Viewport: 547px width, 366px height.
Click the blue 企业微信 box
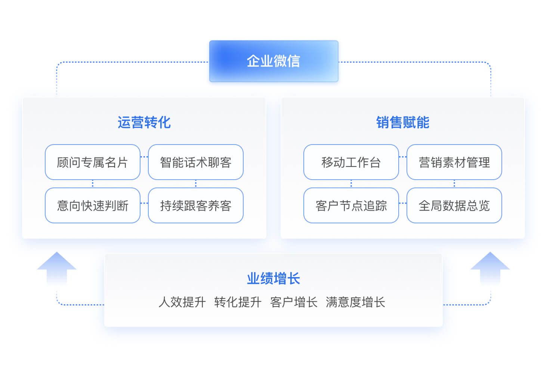click(274, 61)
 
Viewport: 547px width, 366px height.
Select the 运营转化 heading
click(144, 122)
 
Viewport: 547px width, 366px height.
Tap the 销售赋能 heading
click(403, 122)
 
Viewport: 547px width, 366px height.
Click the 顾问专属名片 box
click(93, 162)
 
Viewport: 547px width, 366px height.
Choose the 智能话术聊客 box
click(196, 162)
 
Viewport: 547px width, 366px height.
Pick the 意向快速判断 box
click(93, 205)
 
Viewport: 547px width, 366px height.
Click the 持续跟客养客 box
click(196, 205)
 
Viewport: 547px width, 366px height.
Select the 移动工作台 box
click(351, 162)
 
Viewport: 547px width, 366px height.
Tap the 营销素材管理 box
click(454, 162)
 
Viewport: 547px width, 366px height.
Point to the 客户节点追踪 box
click(351, 205)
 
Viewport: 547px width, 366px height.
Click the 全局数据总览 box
click(454, 205)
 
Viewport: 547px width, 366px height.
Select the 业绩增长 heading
click(273, 278)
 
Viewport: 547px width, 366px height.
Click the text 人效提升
click(182, 302)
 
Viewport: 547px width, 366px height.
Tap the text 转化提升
click(238, 302)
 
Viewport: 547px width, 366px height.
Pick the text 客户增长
click(294, 302)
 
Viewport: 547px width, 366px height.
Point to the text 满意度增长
click(356, 302)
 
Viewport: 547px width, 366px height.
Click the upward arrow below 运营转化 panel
click(57, 269)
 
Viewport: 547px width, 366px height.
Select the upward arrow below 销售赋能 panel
click(490, 269)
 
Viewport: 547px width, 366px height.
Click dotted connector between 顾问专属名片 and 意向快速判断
click(93, 184)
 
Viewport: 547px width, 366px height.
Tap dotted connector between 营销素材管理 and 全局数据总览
click(454, 184)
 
